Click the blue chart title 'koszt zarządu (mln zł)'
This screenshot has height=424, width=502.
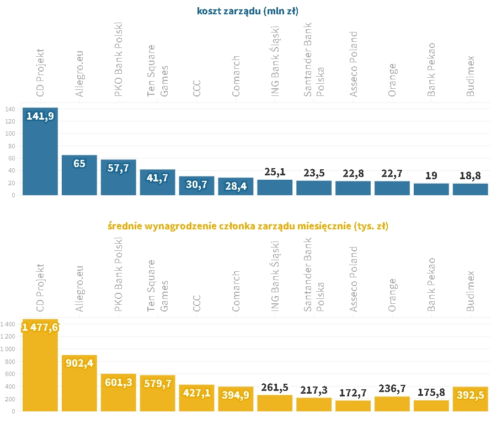pyautogui.click(x=252, y=10)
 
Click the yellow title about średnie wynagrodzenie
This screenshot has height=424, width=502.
pyautogui.click(x=251, y=226)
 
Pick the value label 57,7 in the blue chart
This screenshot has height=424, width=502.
pyautogui.click(x=118, y=168)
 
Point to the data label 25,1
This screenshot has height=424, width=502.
pyautogui.click(x=275, y=173)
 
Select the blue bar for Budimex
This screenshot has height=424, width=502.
pyautogui.click(x=471, y=190)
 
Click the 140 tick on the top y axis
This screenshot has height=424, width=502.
pyautogui.click(x=10, y=109)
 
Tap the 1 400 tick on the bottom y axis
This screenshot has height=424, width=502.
pyautogui.click(x=8, y=324)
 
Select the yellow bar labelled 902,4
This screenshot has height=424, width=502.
pyautogui.click(x=79, y=386)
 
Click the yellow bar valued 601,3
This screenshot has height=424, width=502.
pyautogui.click(x=118, y=394)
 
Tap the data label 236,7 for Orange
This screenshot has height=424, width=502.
pyautogui.click(x=392, y=390)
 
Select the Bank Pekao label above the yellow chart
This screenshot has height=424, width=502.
pyautogui.click(x=432, y=285)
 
